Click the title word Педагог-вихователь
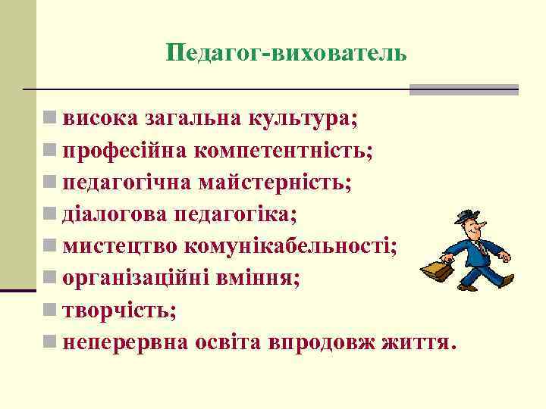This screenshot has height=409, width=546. point(287,53)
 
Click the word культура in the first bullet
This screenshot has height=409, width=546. point(300,118)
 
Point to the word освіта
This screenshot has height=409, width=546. point(228,342)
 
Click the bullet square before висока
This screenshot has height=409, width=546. point(49,119)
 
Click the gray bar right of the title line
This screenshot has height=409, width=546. point(463,89)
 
